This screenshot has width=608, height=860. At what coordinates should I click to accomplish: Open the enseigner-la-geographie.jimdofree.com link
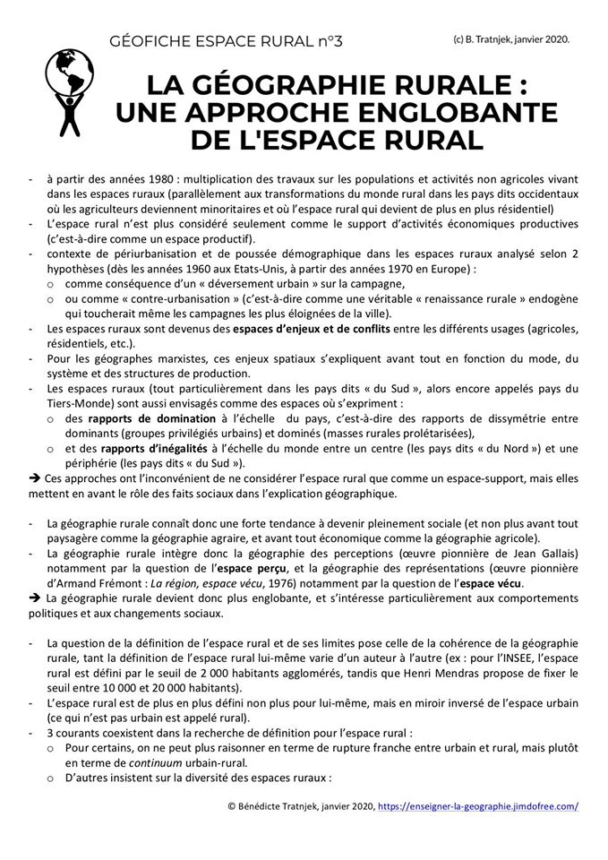click(x=478, y=805)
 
